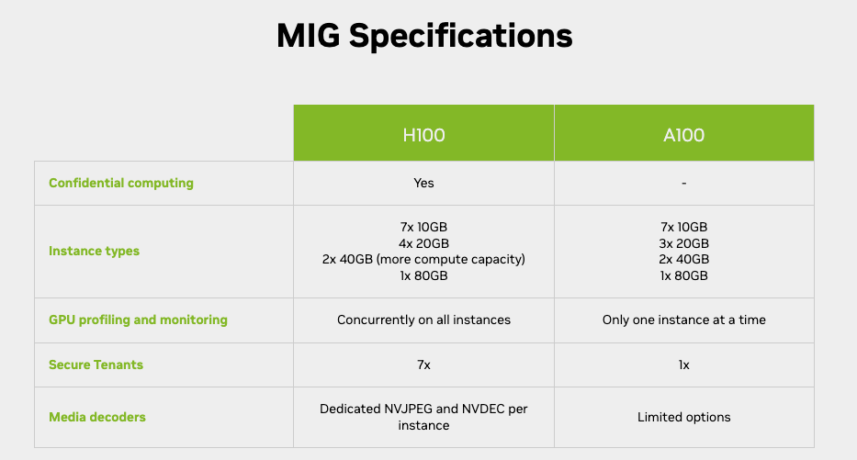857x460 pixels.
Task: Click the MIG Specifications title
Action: click(424, 36)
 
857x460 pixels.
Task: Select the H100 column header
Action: click(423, 135)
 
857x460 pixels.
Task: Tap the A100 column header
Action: click(683, 135)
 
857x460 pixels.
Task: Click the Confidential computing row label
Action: click(121, 183)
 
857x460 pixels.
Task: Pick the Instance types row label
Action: click(94, 251)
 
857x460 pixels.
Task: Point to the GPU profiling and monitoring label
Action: click(138, 320)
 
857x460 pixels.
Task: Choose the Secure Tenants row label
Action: click(96, 365)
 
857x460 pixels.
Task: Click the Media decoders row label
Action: click(97, 417)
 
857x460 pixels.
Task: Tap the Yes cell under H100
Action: click(423, 183)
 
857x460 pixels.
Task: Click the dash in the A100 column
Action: click(683, 184)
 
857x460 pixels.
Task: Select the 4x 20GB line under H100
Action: click(423, 243)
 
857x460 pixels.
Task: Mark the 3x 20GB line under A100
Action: click(683, 243)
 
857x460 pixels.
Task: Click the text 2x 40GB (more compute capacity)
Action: click(423, 259)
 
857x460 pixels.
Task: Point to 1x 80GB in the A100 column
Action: click(683, 275)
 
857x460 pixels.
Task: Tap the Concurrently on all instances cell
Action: click(423, 320)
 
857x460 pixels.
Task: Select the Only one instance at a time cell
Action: click(683, 320)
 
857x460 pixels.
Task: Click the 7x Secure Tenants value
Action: click(423, 365)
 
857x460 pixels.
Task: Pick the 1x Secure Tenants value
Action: click(683, 365)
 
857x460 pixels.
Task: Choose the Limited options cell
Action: click(683, 417)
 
